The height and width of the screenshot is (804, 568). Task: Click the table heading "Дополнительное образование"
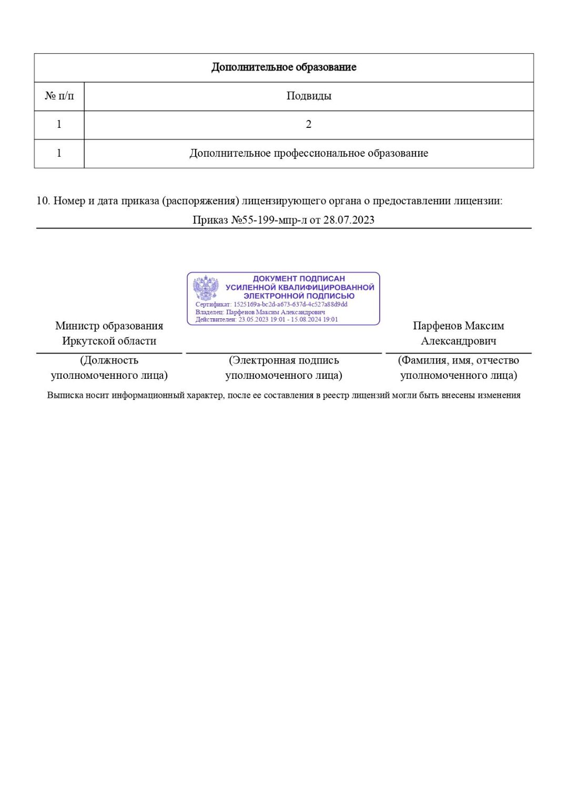tap(283, 67)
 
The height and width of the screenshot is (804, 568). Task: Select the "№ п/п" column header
tap(59, 96)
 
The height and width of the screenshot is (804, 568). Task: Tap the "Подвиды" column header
tap(309, 96)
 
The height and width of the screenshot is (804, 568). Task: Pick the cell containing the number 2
tap(309, 125)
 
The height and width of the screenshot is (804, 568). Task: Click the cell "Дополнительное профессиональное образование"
tap(309, 153)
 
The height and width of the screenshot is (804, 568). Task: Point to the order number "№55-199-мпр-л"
tap(269, 220)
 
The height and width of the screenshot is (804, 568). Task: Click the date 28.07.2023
tap(349, 220)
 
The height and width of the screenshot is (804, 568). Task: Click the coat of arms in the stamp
tap(206, 288)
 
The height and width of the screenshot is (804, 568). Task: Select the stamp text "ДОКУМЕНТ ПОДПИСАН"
tap(299, 278)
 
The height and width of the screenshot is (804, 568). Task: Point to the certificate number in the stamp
tap(290, 304)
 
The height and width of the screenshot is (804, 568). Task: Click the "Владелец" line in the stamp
tap(260, 312)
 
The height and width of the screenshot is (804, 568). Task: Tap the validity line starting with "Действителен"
tap(267, 319)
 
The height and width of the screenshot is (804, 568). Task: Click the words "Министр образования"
tap(109, 326)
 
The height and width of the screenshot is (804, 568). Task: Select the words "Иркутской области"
tap(109, 341)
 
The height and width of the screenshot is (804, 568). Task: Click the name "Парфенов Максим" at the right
tap(458, 326)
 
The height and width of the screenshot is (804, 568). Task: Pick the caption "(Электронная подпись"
tap(283, 360)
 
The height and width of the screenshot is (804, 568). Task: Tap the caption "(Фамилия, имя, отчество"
tap(458, 360)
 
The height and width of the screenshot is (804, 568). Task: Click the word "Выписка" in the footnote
tap(65, 395)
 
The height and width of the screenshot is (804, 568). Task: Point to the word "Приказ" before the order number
tap(210, 220)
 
